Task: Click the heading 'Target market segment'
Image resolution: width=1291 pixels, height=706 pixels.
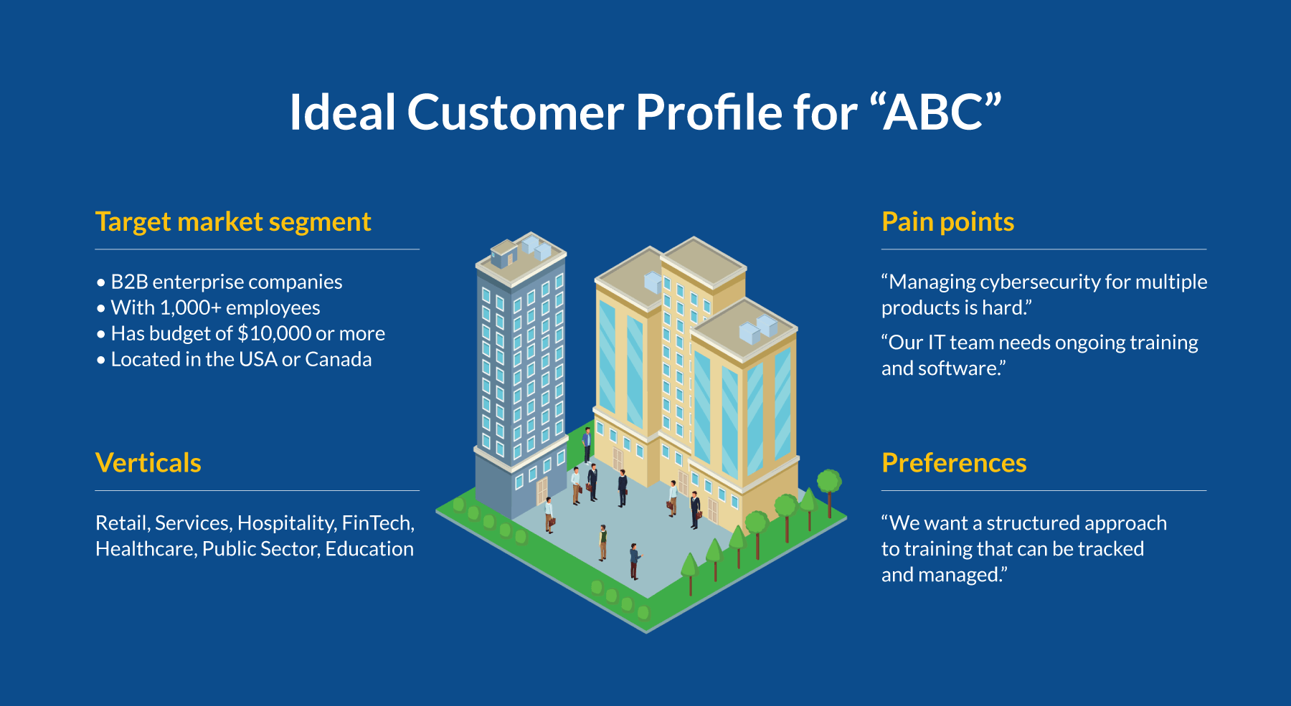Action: click(x=233, y=222)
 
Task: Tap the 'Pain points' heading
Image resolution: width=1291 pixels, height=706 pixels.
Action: click(x=947, y=222)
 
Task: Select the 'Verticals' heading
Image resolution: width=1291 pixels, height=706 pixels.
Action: click(x=148, y=463)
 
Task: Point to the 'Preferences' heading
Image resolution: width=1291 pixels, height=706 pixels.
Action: click(x=954, y=463)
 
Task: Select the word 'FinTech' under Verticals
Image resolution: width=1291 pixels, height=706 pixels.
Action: click(x=377, y=523)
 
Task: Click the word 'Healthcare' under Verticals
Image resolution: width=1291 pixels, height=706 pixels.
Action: click(x=146, y=549)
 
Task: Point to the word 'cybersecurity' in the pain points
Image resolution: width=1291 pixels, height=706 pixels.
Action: click(x=1040, y=282)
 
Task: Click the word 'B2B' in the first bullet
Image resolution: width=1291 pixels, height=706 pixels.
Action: click(x=129, y=282)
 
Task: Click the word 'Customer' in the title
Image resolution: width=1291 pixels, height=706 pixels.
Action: click(x=515, y=113)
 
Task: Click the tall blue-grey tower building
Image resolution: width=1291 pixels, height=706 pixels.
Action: click(x=520, y=373)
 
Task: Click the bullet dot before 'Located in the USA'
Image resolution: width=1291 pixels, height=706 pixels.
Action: click(x=101, y=360)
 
